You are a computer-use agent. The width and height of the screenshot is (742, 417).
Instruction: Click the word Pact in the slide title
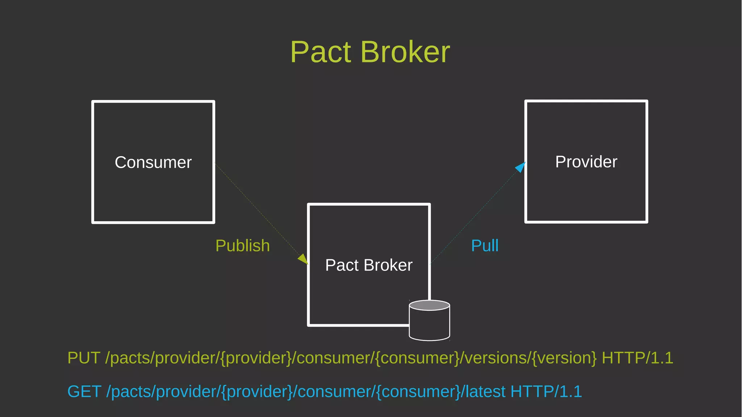321,52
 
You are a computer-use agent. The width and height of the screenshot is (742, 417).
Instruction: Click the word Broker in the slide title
405,52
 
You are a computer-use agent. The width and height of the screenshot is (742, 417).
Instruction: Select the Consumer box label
153,162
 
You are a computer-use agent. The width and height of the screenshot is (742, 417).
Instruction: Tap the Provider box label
586,162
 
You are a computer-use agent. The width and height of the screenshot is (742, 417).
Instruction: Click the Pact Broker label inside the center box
368,265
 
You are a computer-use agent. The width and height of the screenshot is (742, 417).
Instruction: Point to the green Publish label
242,246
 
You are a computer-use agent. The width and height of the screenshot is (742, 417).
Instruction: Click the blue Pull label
484,246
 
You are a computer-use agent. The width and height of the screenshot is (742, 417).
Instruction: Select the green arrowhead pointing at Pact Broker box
304,259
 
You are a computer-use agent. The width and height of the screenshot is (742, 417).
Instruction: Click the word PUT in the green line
84,358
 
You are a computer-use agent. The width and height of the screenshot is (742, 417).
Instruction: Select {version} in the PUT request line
564,358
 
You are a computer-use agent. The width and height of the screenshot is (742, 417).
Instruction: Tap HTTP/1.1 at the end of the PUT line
637,358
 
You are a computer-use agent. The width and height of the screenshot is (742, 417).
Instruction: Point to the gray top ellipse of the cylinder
429,305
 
